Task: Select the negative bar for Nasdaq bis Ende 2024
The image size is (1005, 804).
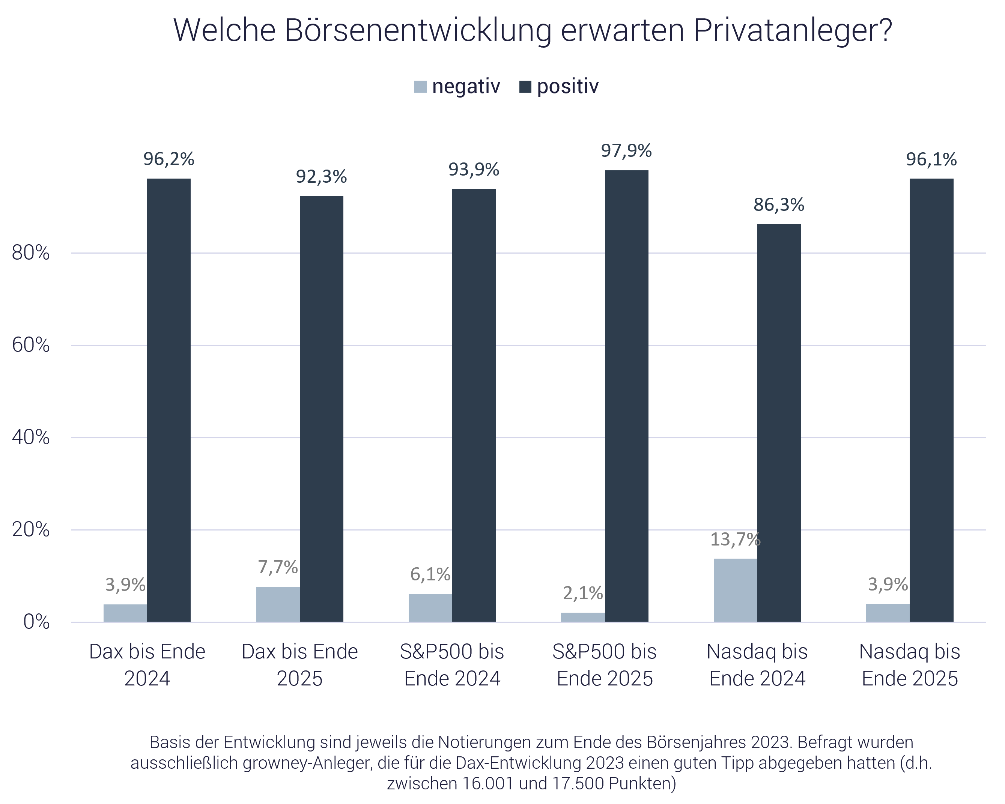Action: pos(735,590)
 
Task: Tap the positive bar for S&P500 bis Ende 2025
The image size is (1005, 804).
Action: pos(626,396)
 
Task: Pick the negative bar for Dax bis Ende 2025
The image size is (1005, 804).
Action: pos(278,604)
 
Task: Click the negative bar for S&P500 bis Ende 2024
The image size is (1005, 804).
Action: pos(430,608)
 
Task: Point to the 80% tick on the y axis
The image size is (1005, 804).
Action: pos(31,253)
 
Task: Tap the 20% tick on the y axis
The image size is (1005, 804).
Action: pos(31,530)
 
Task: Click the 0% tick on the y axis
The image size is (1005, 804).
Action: pos(36,622)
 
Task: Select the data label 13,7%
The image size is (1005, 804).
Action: pos(735,540)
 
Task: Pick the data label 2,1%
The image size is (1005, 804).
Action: pos(583,593)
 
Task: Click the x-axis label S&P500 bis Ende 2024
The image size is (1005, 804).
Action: pos(452,665)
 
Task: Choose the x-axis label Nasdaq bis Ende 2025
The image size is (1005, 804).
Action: pos(909,665)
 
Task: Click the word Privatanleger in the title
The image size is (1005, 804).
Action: pos(793,31)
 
